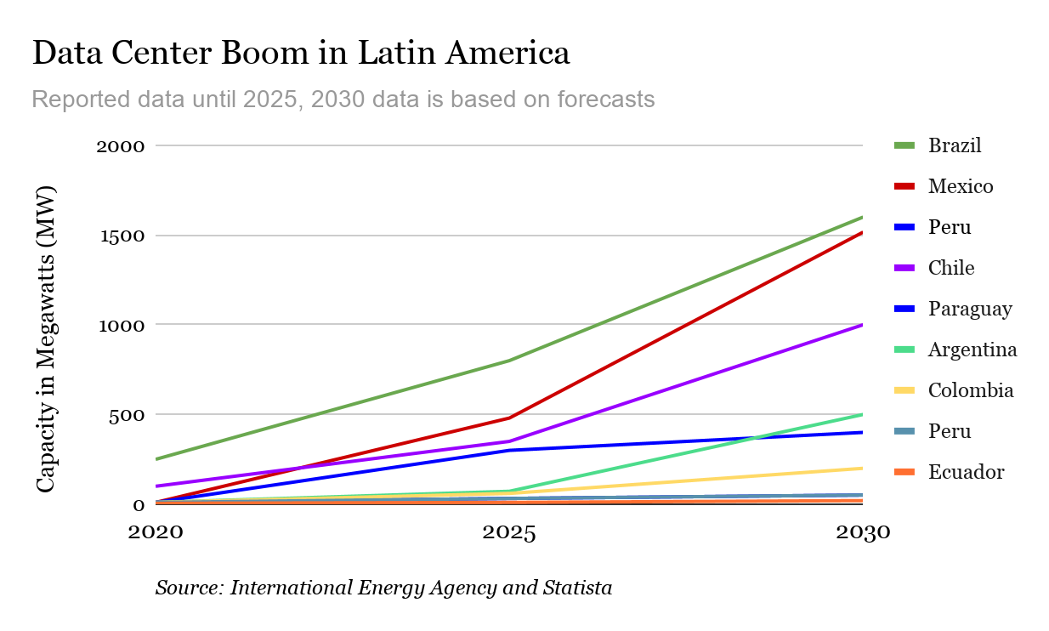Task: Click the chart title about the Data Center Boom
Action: [x=301, y=54]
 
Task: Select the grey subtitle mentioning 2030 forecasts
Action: [x=343, y=99]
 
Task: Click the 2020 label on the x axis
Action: [x=156, y=533]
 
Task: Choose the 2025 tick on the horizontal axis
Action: [x=509, y=533]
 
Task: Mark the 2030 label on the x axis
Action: [x=862, y=533]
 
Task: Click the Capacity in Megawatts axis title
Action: [x=47, y=338]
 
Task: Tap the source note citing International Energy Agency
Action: [x=383, y=588]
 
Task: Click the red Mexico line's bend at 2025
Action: [x=509, y=418]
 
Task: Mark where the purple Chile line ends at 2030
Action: [x=862, y=325]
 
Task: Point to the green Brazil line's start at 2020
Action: [x=156, y=459]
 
